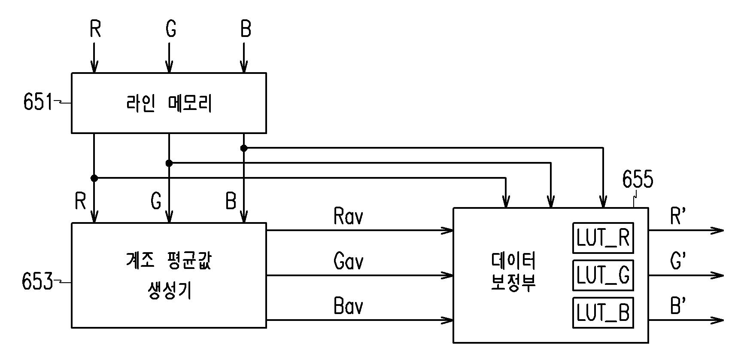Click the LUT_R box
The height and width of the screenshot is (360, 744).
pos(603,238)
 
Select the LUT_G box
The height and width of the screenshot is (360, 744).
pos(603,275)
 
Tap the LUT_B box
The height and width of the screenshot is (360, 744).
pos(603,312)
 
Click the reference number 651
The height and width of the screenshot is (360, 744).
pos(38,102)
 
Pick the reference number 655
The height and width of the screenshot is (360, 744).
pos(638,179)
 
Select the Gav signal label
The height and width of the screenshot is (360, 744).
pos(348,261)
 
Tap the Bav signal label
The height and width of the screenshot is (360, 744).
pos(348,306)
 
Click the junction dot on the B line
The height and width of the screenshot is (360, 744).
pos(244,148)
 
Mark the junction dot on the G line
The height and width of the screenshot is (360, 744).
pos(169,163)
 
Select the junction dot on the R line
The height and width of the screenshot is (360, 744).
pos(94,178)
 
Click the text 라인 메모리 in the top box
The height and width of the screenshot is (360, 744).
pos(169,103)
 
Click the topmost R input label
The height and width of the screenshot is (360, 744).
pos(95,29)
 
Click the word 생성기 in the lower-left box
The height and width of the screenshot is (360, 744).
pos(169,290)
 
